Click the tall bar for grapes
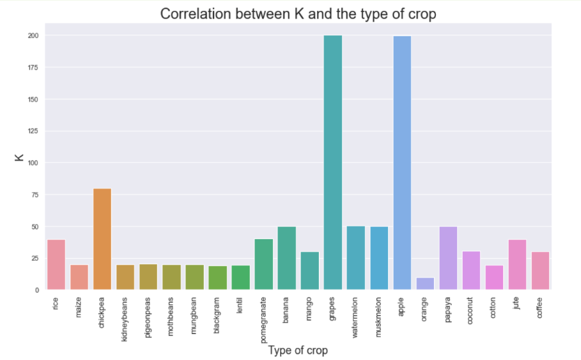332,163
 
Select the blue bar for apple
402,163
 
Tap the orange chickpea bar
102,239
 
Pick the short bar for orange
425,284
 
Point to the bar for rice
56,265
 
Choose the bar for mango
310,271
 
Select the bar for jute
517,265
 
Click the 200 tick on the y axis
33,36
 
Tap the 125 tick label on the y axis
33,131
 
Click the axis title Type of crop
298,350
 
